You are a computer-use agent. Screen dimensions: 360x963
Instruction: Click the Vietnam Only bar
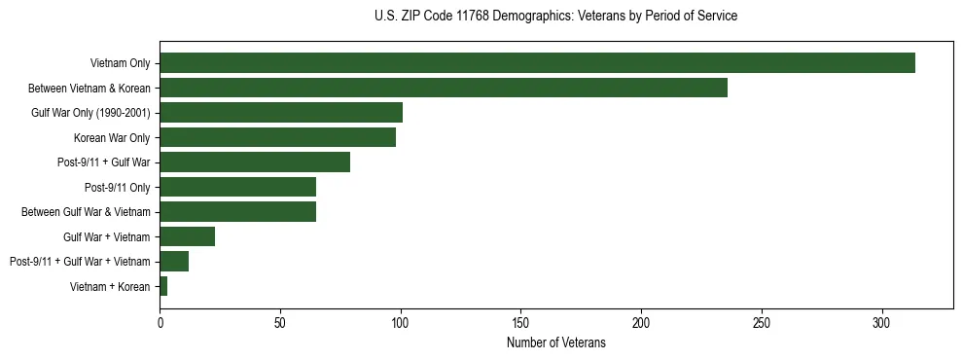[537, 63]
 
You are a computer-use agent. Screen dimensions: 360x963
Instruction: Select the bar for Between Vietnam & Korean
[444, 88]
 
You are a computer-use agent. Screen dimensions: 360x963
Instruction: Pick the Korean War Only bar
[277, 137]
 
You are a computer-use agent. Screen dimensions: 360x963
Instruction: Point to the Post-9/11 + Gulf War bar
[255, 162]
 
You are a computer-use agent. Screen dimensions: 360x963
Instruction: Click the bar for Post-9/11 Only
[237, 187]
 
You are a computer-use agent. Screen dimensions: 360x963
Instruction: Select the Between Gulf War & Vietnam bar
[237, 211]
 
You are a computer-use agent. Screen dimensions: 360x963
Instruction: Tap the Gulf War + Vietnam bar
[187, 236]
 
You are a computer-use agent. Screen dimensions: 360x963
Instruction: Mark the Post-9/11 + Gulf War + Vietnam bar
[174, 261]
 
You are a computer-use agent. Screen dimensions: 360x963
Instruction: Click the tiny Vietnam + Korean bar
[163, 286]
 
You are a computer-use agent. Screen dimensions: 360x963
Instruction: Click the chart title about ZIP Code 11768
[555, 16]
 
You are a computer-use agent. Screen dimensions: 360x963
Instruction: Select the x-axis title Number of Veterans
[555, 342]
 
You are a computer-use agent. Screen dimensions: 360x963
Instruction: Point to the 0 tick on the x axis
[160, 323]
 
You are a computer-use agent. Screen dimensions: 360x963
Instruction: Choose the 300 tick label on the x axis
[881, 323]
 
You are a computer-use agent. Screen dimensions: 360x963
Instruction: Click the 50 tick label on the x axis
[280, 323]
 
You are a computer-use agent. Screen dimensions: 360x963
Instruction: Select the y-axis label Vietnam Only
[120, 63]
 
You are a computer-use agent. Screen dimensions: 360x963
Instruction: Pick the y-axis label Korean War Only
[112, 137]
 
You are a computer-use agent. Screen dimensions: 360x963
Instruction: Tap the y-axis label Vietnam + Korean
[110, 286]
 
